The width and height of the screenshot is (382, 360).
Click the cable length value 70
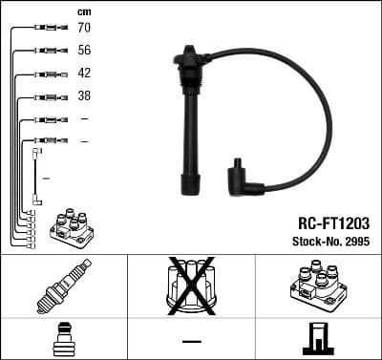pyautogui.click(x=84, y=28)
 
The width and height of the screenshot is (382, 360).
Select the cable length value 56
pyautogui.click(x=84, y=51)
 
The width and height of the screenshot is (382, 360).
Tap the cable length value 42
pyautogui.click(x=84, y=74)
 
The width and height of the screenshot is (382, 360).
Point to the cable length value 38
pyautogui.click(x=84, y=96)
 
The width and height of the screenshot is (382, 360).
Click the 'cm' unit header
pyautogui.click(x=84, y=11)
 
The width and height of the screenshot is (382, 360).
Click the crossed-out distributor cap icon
pyautogui.click(x=191, y=286)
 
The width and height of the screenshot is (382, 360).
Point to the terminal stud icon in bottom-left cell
pyautogui.click(x=63, y=339)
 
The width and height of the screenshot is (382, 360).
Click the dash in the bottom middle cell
pyautogui.click(x=191, y=341)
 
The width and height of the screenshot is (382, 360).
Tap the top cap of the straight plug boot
pyautogui.click(x=188, y=57)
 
